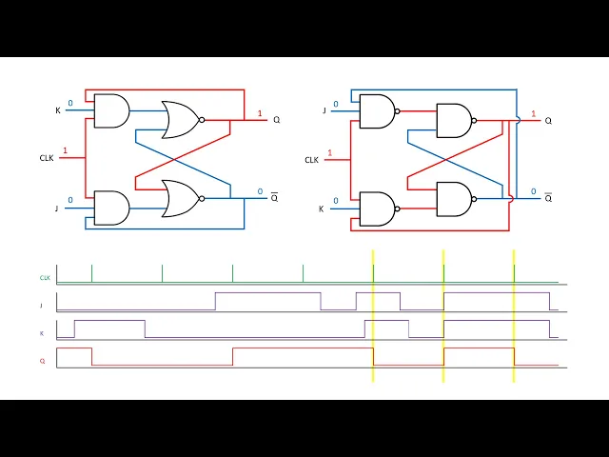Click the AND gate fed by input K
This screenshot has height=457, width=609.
[111, 111]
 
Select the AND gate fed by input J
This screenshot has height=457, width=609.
[111, 208]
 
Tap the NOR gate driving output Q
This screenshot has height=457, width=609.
[182, 120]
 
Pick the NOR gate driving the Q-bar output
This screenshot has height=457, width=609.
[182, 199]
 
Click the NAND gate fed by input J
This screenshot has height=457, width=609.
[378, 111]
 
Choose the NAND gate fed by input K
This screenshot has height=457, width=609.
[378, 209]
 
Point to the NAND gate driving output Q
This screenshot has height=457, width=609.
[454, 121]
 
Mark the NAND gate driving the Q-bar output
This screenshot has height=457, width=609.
[454, 198]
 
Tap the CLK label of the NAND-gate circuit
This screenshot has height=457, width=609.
[311, 160]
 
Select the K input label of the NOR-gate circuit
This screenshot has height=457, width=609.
[57, 111]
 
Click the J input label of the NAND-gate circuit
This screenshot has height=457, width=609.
[324, 110]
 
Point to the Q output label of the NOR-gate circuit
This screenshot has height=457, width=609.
[277, 120]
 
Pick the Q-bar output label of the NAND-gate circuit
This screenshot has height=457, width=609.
[548, 198]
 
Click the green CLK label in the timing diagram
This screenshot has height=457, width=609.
[45, 278]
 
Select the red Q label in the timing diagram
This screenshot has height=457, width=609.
[43, 362]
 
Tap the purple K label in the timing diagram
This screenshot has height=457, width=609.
[42, 334]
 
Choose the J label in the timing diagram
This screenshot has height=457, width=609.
[43, 306]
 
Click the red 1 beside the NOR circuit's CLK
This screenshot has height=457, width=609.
[65, 150]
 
